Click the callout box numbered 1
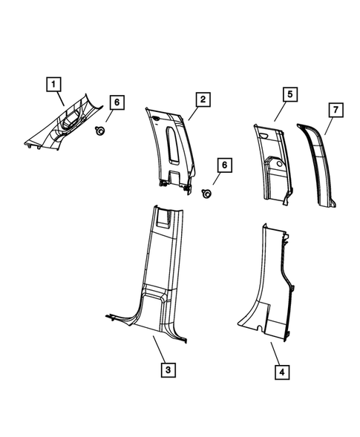[x=54, y=85]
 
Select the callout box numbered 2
[x=201, y=99]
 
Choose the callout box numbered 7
[x=335, y=111]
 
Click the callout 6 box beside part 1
[x=115, y=103]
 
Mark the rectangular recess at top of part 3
[x=166, y=217]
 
